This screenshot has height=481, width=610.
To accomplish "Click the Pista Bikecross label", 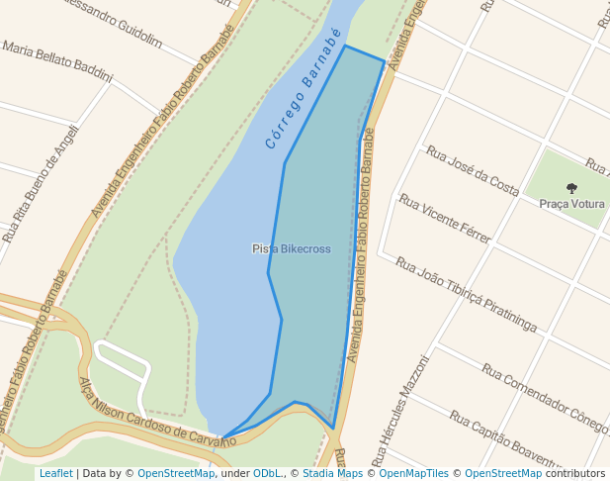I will [x=291, y=248].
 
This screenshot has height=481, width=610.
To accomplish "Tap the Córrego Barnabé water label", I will [x=304, y=89].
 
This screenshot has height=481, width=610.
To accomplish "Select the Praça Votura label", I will [x=571, y=204].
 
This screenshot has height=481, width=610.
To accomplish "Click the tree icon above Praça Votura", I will [x=571, y=188].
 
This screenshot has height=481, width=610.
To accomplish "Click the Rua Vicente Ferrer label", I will [x=445, y=219].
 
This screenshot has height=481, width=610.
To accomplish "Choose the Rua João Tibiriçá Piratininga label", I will [x=466, y=294].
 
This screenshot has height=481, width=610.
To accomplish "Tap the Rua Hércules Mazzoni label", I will [x=400, y=411].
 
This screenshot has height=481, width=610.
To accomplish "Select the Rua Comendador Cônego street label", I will [x=545, y=399].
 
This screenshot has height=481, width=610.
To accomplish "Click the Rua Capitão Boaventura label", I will [x=505, y=441].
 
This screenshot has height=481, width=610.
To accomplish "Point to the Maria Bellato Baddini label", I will [x=57, y=61].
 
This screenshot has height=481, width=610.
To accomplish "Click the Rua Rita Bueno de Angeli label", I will [x=40, y=189].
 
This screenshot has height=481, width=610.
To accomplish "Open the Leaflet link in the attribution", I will [x=55, y=474].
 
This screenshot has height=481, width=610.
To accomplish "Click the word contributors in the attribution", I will [x=575, y=474].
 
